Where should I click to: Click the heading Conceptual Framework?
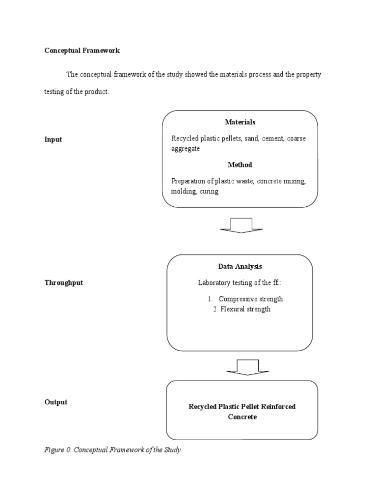click(x=82, y=51)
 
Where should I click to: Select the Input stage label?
click(x=53, y=140)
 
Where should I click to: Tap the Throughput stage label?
click(x=64, y=283)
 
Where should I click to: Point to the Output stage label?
click(x=56, y=402)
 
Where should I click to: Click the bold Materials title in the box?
click(x=240, y=122)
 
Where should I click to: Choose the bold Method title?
click(x=240, y=165)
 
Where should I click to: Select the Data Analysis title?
click(x=240, y=267)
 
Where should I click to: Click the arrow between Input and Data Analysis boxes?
click(x=241, y=225)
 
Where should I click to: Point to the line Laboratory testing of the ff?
click(x=240, y=283)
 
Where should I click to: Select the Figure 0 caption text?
click(x=113, y=450)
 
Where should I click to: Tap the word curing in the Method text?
click(x=209, y=192)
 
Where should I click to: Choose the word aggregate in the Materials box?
click(x=185, y=149)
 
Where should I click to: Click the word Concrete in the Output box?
click(x=242, y=417)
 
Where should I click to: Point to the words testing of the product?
click(x=76, y=92)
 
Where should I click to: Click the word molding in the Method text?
click(x=183, y=192)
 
